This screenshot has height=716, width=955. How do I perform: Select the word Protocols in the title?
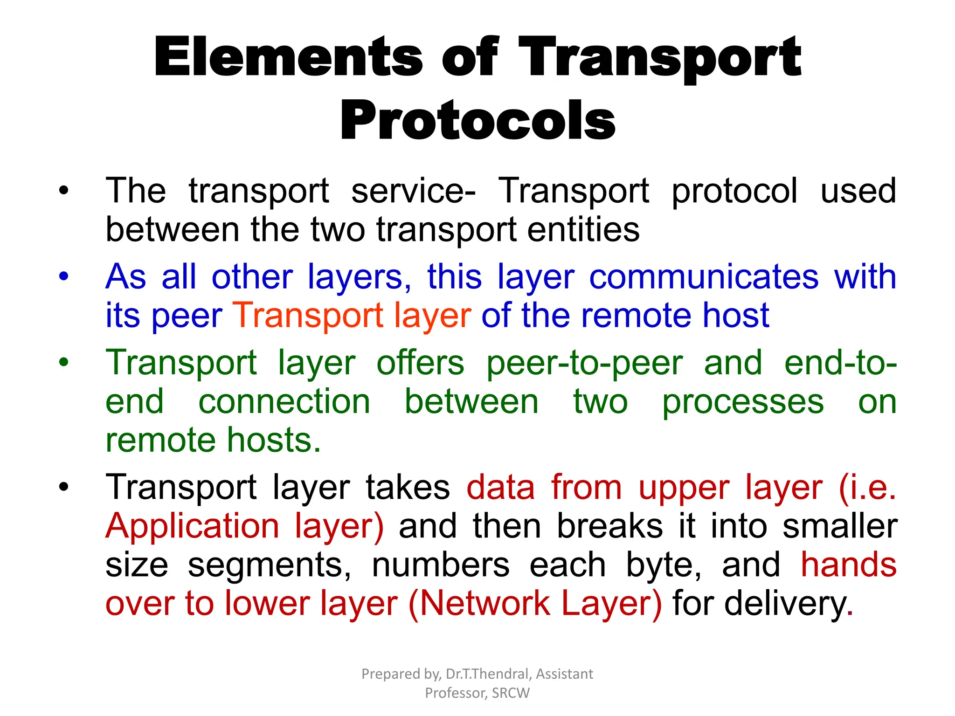478,120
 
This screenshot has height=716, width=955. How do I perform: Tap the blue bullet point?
64,276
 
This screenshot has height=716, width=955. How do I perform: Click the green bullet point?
64,362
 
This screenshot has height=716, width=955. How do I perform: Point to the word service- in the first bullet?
413,191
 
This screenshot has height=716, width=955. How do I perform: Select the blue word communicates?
704,277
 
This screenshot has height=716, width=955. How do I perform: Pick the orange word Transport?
308,316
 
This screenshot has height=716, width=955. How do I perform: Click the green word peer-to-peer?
584,364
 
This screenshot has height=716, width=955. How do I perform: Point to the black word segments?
270,565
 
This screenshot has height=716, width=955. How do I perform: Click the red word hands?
848,565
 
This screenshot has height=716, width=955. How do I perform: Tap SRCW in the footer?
511,693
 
